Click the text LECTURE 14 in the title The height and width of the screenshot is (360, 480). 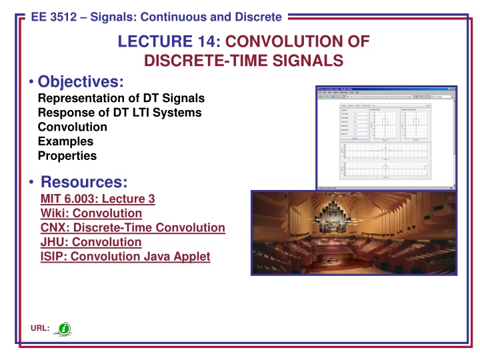pyautogui.click(x=163, y=43)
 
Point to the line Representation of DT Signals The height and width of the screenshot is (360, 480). pyautogui.click(x=121, y=98)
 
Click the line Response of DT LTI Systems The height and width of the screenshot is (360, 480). pyautogui.click(x=120, y=113)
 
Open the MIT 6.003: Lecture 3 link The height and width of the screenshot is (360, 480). pyautogui.click(x=98, y=199)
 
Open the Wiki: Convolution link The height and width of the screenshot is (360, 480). pyautogui.click(x=91, y=213)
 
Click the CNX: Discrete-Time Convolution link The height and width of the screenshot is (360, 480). pyautogui.click(x=133, y=228)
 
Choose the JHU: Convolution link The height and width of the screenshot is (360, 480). pyautogui.click(x=91, y=243)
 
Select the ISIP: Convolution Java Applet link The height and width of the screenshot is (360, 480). pyautogui.click(x=125, y=257)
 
